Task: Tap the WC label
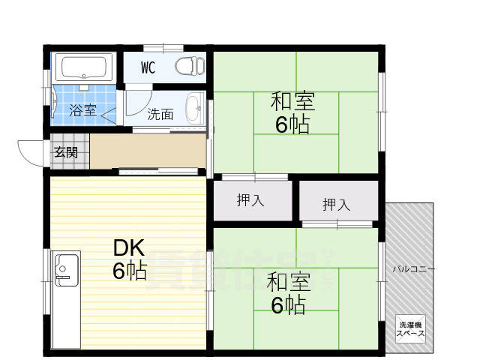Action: pyautogui.click(x=148, y=67)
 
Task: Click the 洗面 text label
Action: pyautogui.click(x=160, y=115)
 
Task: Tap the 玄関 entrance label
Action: pyautogui.click(x=65, y=152)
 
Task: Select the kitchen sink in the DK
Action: pyautogui.click(x=65, y=268)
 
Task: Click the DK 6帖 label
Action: pyautogui.click(x=130, y=259)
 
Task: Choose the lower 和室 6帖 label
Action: pyautogui.click(x=287, y=293)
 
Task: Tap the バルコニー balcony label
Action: pyautogui.click(x=412, y=268)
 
